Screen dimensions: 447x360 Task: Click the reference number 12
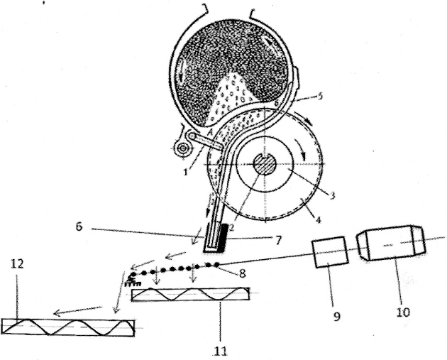pos(17,264)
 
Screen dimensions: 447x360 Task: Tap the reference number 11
pos(221,351)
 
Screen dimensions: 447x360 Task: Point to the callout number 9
pos(337,317)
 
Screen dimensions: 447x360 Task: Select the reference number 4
pos(318,220)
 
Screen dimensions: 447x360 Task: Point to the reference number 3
pos(332,195)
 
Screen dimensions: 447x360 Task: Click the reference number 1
pos(186,173)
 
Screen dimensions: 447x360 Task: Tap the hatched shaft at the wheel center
pos(265,164)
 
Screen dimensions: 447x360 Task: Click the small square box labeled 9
pos(331,251)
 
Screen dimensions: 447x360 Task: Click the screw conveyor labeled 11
pos(190,294)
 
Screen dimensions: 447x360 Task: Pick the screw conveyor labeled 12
pos(68,327)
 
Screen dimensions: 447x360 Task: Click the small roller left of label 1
pos(183,148)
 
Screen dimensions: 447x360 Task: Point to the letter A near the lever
pos(211,132)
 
